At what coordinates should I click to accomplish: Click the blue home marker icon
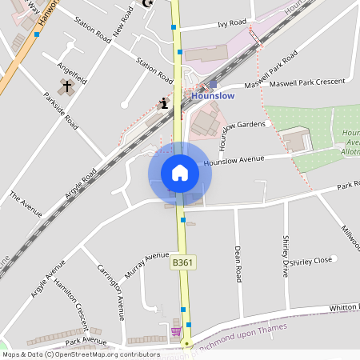click(x=179, y=172)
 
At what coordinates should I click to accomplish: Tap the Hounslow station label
click(x=214, y=95)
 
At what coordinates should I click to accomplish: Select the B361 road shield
click(x=182, y=262)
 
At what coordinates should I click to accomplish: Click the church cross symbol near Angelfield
click(x=67, y=85)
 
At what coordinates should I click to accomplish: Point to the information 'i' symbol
click(x=164, y=102)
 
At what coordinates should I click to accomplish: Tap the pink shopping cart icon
click(x=175, y=331)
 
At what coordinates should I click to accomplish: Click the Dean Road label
click(x=238, y=264)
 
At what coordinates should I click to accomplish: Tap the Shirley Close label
click(x=311, y=261)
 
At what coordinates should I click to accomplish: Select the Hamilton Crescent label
click(x=70, y=305)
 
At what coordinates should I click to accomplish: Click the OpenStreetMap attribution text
click(x=80, y=354)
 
